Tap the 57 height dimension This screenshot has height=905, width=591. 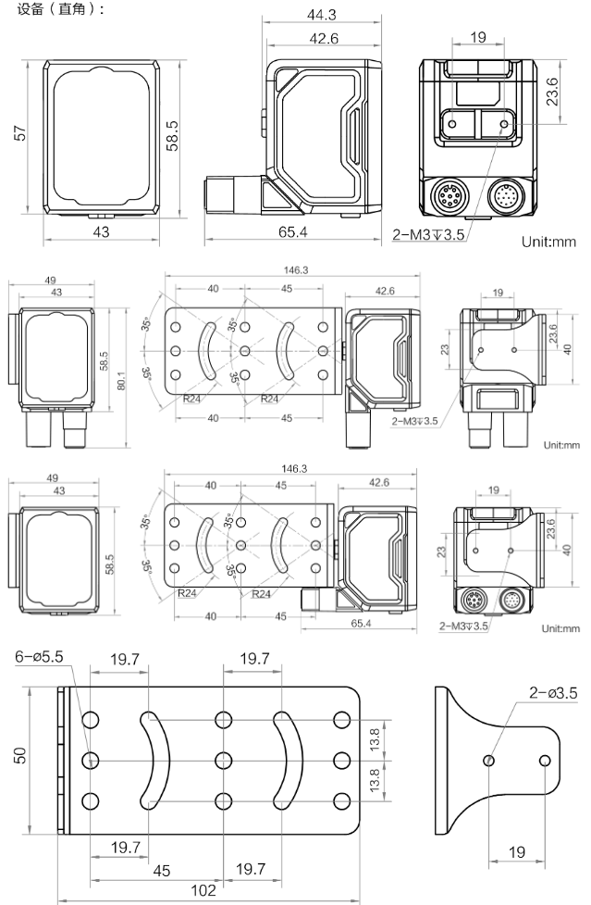pyautogui.click(x=19, y=136)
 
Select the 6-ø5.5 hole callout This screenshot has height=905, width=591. pyautogui.click(x=40, y=656)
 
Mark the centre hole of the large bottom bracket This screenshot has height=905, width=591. pyautogui.click(x=223, y=760)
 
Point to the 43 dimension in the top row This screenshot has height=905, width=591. pyautogui.click(x=99, y=232)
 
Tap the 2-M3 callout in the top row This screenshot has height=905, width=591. pyautogui.click(x=431, y=234)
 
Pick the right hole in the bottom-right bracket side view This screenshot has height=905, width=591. pyautogui.click(x=546, y=760)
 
